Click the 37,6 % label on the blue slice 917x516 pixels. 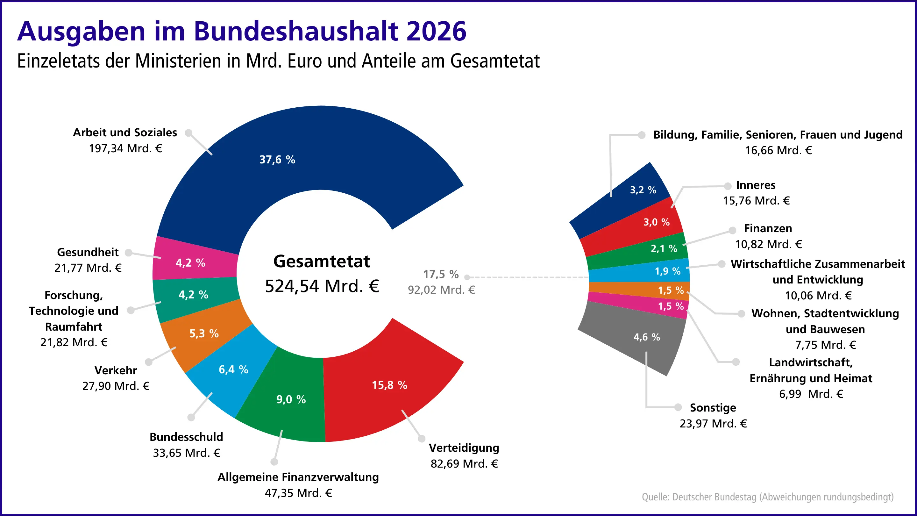point(277,160)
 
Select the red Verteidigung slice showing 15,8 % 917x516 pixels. point(389,385)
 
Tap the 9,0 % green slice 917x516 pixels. point(291,399)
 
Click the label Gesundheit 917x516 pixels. point(88,252)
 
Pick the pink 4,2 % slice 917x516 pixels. point(190,263)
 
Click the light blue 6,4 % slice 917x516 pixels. point(233,369)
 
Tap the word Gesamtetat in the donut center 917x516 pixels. point(322,261)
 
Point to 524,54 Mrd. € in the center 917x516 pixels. point(322,286)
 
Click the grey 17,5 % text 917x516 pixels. point(441,274)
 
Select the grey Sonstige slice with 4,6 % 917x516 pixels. point(646,337)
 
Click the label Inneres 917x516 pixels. point(755,185)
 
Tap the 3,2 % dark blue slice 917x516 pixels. point(643,190)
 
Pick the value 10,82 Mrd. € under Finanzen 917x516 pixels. point(768,244)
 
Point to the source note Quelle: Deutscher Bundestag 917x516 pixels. point(767,497)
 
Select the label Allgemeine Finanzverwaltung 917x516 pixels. point(298,477)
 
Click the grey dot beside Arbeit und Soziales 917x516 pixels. point(189,133)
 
